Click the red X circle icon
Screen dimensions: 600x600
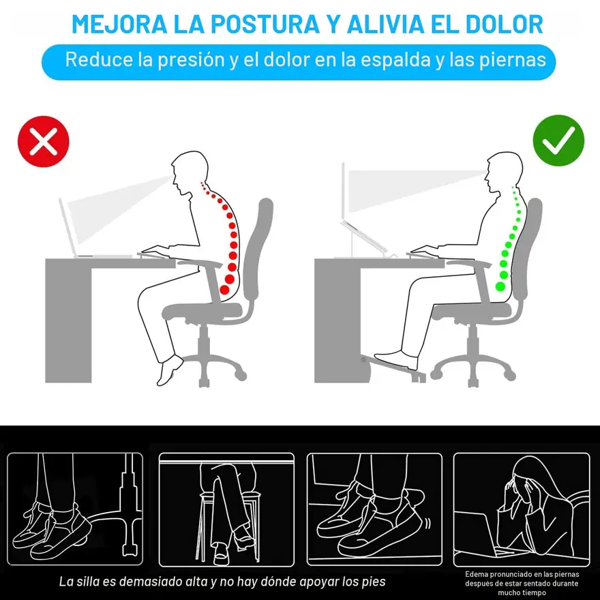(43, 141)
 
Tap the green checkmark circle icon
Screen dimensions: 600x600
(558, 140)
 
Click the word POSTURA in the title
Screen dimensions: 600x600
(265, 24)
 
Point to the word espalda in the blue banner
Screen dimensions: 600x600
(395, 60)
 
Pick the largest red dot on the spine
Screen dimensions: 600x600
(224, 289)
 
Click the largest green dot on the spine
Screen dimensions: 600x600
(500, 286)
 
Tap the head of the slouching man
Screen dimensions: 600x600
(190, 172)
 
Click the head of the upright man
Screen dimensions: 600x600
(505, 172)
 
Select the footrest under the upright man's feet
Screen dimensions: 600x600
(394, 368)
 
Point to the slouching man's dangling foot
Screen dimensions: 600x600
(170, 370)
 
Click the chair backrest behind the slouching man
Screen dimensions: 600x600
(257, 249)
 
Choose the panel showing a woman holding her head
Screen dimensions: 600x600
(522, 509)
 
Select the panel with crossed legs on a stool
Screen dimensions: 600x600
(226, 509)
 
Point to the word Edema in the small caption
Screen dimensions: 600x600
(476, 574)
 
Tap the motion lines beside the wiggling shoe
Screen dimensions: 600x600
(427, 523)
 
